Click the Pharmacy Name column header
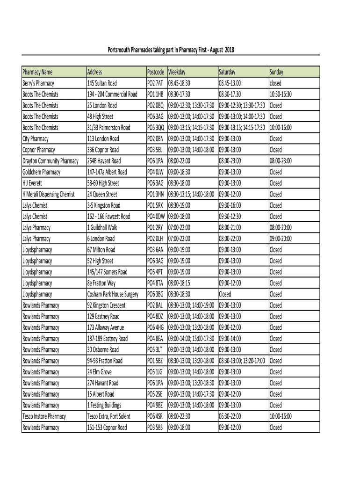[x=37, y=72]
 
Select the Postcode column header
[x=156, y=72]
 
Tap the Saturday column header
[x=227, y=72]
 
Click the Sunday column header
[x=276, y=72]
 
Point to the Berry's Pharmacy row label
[x=38, y=83]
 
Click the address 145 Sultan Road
[x=102, y=83]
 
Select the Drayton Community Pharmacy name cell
[x=50, y=161]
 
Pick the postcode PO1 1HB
[x=155, y=94]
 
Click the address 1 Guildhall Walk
[x=102, y=228]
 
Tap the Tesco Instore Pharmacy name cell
[x=44, y=416]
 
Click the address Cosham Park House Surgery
[x=113, y=294]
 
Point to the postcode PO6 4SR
[x=155, y=416]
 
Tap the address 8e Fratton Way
[x=101, y=283]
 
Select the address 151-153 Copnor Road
[x=107, y=428]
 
